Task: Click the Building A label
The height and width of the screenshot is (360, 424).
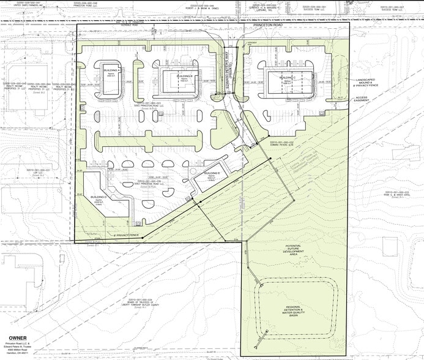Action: pyautogui.click(x=112, y=71)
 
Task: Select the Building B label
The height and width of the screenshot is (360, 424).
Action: pyautogui.click(x=186, y=76)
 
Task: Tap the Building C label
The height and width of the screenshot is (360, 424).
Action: pyautogui.click(x=288, y=79)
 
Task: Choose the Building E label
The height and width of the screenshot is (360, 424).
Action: pyautogui.click(x=212, y=174)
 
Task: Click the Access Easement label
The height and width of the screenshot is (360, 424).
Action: pyautogui.click(x=363, y=99)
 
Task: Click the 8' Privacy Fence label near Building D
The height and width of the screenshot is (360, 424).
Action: pyautogui.click(x=127, y=235)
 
